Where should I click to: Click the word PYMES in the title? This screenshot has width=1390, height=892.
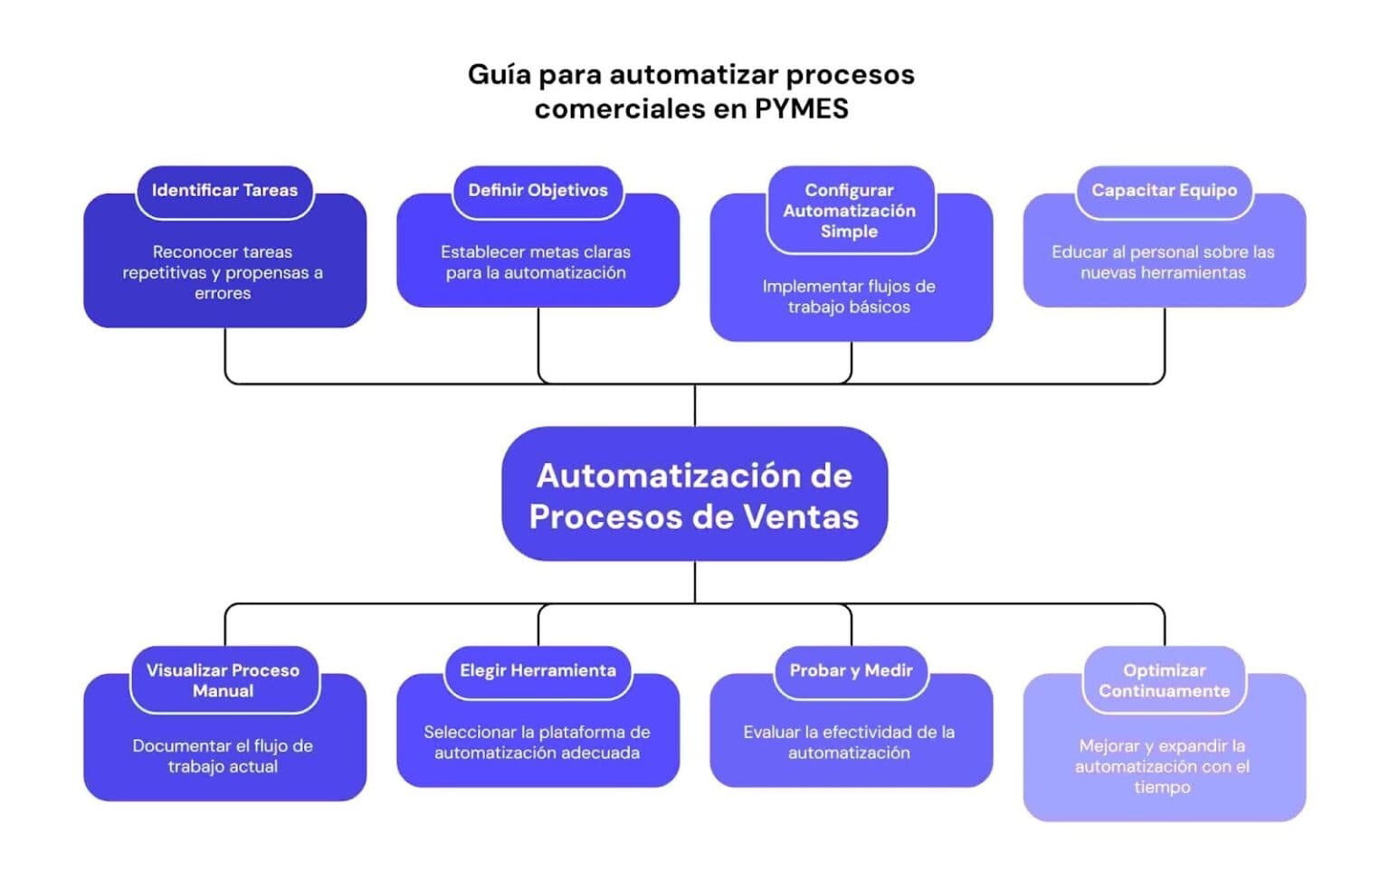click(x=801, y=109)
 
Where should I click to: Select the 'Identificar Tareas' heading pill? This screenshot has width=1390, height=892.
click(x=224, y=191)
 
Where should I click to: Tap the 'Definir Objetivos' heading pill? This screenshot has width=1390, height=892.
click(x=538, y=191)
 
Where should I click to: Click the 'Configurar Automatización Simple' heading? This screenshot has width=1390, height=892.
click(x=849, y=211)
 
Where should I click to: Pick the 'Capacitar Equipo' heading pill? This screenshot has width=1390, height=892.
click(x=1164, y=191)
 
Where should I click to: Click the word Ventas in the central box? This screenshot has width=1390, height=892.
click(x=800, y=517)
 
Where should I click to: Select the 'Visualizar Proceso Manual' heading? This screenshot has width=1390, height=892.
click(x=223, y=680)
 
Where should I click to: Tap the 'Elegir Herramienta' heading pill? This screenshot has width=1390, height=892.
click(x=538, y=670)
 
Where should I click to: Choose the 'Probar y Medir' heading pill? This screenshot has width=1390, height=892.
click(x=851, y=670)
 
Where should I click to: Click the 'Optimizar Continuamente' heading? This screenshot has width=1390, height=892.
click(x=1164, y=680)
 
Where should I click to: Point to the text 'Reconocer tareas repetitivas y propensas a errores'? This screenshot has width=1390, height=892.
click(x=223, y=272)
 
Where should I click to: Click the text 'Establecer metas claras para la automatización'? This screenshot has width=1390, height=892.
click(x=536, y=262)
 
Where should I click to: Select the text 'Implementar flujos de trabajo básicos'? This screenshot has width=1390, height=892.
click(x=849, y=297)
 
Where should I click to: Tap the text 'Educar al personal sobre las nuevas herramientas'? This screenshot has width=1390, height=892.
click(x=1163, y=262)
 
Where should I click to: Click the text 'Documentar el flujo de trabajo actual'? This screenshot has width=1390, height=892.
click(x=223, y=756)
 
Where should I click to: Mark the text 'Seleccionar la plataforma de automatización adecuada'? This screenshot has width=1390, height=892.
click(x=537, y=743)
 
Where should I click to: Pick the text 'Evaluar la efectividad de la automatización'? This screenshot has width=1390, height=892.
click(x=849, y=743)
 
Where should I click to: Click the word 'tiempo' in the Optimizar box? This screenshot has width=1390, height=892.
click(x=1162, y=787)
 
